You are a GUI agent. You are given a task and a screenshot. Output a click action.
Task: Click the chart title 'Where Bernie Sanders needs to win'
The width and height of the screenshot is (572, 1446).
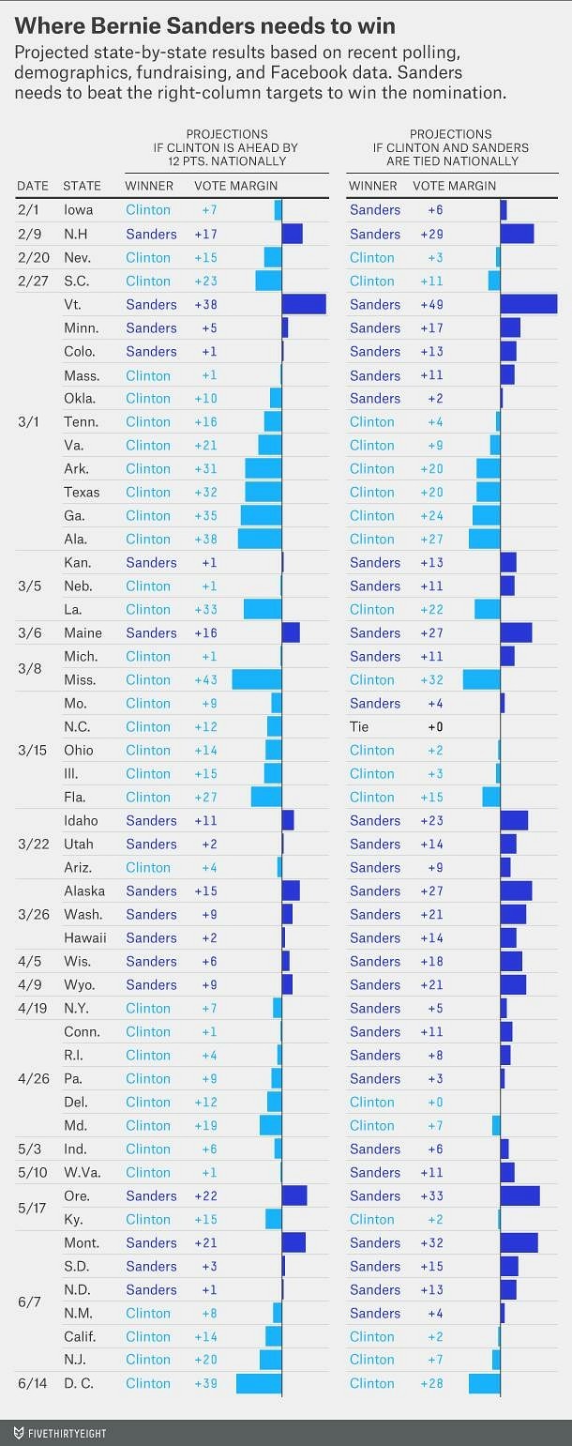click(204, 24)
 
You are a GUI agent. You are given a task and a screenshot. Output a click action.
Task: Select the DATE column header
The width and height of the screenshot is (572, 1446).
click(33, 186)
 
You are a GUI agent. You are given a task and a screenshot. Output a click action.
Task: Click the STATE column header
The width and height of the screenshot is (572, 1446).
click(82, 186)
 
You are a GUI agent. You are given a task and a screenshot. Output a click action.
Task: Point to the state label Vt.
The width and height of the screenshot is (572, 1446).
click(73, 304)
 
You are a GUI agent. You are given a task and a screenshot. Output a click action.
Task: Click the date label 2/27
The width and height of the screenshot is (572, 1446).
click(32, 281)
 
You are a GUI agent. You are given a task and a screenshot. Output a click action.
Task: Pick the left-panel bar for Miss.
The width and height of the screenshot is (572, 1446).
click(257, 679)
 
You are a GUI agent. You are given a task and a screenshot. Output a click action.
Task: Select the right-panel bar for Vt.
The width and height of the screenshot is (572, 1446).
click(529, 304)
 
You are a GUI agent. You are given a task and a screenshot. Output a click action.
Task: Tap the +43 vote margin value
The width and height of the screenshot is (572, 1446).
click(205, 679)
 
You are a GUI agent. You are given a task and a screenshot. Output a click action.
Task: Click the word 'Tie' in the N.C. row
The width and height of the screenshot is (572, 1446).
click(359, 726)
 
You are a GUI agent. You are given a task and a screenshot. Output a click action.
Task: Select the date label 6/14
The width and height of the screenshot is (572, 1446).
click(32, 1383)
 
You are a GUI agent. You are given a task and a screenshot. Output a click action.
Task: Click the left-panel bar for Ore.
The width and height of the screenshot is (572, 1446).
click(294, 1195)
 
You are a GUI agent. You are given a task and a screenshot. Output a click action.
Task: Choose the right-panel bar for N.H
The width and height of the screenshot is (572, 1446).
click(517, 234)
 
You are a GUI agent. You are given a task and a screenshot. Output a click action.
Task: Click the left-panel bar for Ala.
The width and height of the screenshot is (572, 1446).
click(260, 539)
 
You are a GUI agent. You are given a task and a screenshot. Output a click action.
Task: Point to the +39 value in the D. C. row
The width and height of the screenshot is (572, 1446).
click(205, 1383)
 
